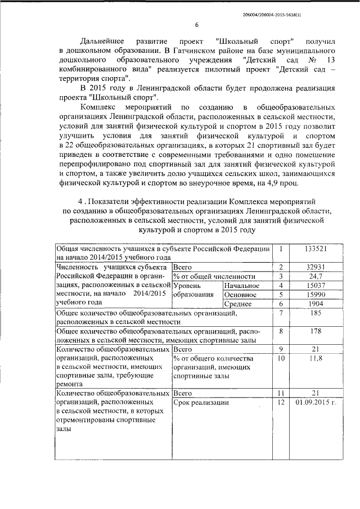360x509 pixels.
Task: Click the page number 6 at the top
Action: pyautogui.click(x=197, y=25)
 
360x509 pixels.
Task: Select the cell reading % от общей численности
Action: pyautogui.click(x=214, y=276)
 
